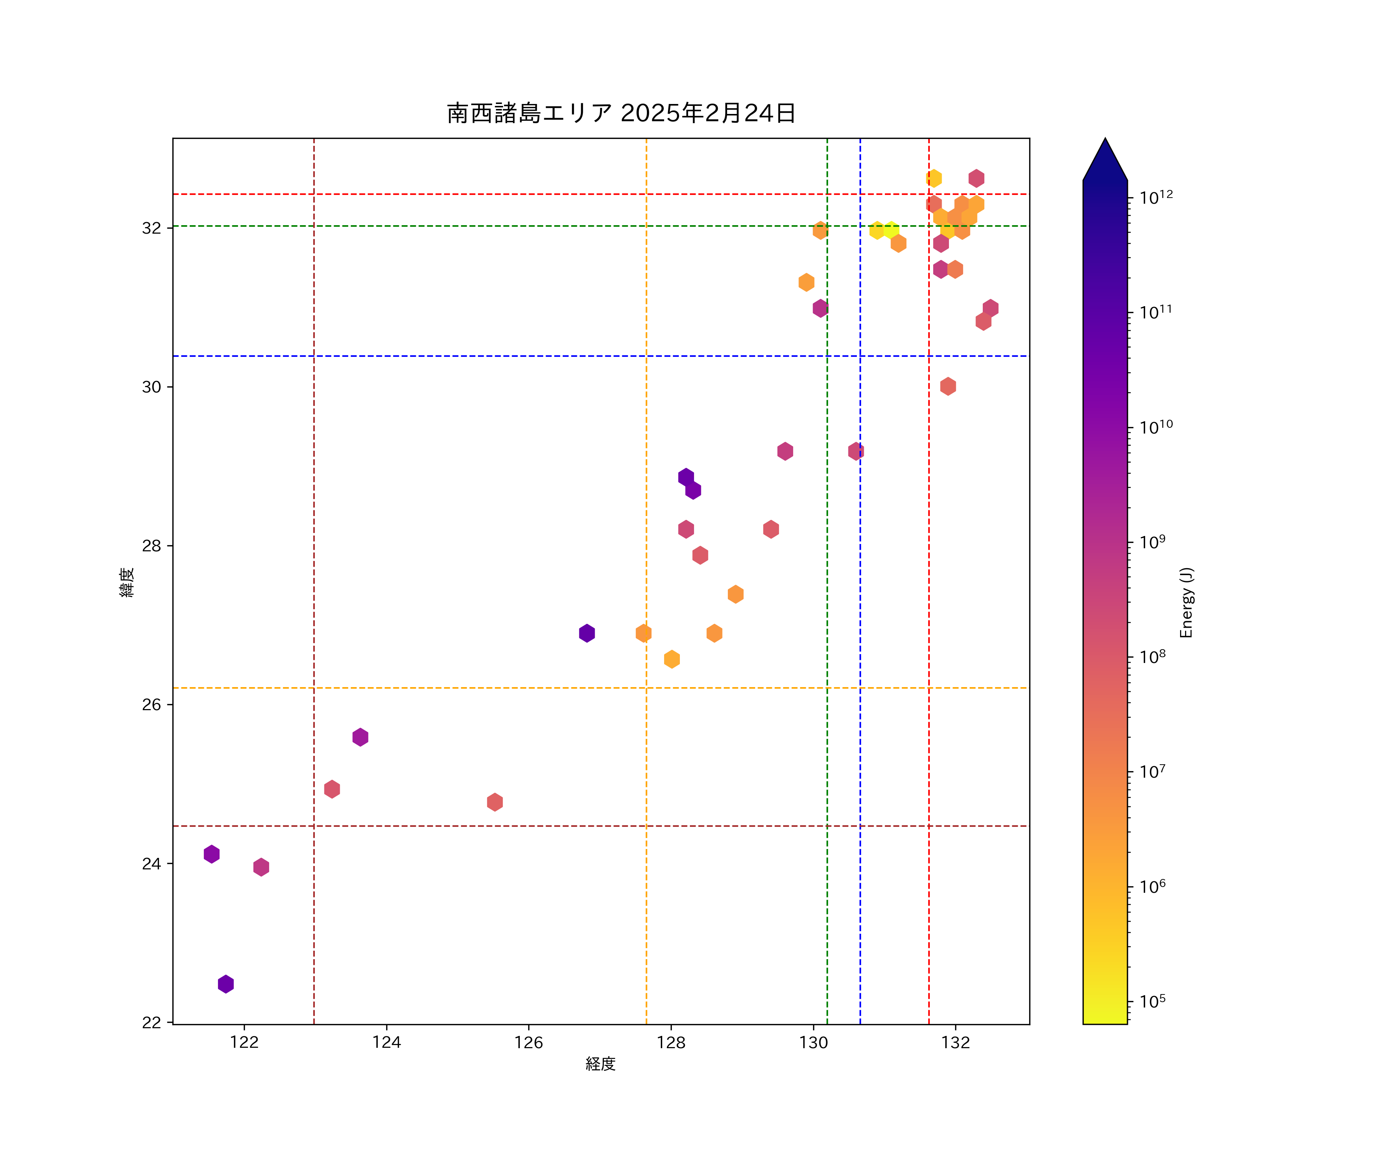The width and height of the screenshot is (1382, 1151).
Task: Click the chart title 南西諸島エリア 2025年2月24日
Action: click(x=621, y=113)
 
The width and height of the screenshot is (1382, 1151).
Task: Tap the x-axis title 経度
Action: click(x=600, y=1064)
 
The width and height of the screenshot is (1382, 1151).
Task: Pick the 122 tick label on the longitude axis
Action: click(x=244, y=1042)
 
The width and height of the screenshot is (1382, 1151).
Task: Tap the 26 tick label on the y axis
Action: click(x=151, y=704)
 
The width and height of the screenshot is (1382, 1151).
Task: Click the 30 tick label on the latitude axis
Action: click(x=151, y=387)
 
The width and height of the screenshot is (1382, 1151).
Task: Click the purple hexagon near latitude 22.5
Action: click(x=226, y=984)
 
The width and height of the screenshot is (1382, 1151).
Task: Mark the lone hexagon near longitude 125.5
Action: click(x=495, y=802)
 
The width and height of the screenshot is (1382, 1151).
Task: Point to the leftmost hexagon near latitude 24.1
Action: click(x=211, y=854)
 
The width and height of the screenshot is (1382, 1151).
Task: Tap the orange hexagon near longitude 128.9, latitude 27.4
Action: click(x=736, y=594)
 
